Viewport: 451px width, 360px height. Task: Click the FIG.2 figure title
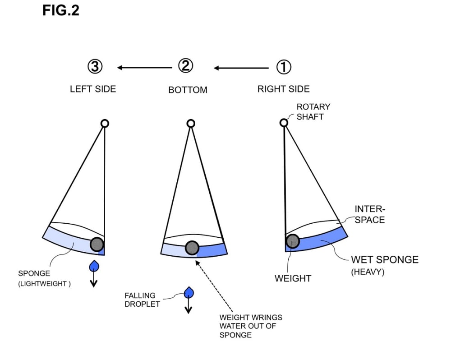61,10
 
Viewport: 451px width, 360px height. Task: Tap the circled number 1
284,67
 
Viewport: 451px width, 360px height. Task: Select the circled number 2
185,66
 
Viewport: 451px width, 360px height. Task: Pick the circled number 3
95,66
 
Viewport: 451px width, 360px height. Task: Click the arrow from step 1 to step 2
241,68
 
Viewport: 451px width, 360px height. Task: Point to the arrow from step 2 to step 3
144,68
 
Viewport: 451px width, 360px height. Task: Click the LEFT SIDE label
93,89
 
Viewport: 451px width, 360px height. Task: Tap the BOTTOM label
188,90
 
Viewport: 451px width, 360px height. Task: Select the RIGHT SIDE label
284,89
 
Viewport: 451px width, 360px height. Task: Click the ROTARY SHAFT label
313,112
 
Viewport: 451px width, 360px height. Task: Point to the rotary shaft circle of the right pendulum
284,123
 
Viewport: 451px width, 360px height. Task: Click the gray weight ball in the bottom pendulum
192,248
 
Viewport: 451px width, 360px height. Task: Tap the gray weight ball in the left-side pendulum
97,245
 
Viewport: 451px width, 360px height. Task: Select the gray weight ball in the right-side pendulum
293,241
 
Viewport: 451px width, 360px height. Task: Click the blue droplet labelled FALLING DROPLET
189,292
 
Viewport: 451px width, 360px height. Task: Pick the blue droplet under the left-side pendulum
94,266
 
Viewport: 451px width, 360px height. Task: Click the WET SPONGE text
385,259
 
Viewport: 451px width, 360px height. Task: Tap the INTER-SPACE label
370,214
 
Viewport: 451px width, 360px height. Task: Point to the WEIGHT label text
293,278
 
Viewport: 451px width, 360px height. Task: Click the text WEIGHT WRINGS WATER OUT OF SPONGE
251,326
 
